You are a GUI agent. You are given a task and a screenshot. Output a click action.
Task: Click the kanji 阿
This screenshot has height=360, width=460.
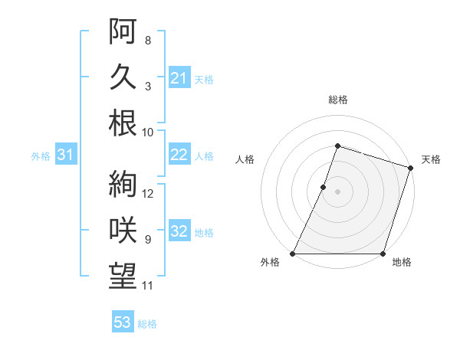point(123,31)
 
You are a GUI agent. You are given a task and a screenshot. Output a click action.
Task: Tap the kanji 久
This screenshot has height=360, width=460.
point(123,77)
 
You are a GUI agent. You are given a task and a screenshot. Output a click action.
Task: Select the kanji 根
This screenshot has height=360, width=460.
point(123,123)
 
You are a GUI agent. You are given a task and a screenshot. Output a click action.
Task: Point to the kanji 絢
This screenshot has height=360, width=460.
point(123,184)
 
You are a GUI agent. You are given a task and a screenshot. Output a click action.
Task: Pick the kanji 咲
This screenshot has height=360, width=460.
point(123,231)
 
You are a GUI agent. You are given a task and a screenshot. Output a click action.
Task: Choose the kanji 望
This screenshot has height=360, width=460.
point(123,277)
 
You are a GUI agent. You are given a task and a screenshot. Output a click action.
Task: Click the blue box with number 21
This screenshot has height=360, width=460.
point(179,77)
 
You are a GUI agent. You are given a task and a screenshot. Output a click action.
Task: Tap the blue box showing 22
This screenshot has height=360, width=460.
point(179,155)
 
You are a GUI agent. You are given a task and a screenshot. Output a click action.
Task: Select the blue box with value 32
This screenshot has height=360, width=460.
point(179,231)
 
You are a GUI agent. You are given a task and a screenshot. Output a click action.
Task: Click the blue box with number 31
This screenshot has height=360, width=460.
point(66,155)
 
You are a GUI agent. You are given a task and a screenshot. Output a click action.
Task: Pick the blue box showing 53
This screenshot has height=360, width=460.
point(123,322)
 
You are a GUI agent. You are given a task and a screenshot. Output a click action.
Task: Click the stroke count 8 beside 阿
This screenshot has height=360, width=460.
point(147,40)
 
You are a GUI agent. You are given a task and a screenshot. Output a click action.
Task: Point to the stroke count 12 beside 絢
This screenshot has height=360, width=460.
point(149,193)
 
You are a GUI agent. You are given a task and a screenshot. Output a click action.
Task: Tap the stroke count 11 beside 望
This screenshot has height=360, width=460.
point(149,286)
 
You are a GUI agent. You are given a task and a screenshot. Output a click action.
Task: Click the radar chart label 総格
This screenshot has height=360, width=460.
point(337,100)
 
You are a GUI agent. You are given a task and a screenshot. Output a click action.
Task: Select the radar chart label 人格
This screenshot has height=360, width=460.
point(245,159)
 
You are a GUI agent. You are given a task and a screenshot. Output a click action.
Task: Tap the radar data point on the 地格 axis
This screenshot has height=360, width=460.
point(383,254)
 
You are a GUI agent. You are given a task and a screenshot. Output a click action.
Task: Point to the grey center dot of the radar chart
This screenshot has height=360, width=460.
point(337,191)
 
